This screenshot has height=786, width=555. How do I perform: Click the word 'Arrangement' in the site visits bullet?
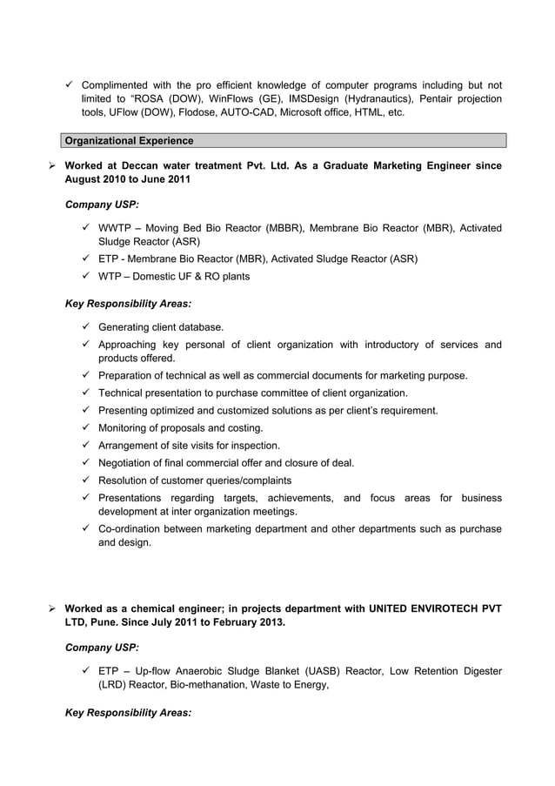click(132, 446)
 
